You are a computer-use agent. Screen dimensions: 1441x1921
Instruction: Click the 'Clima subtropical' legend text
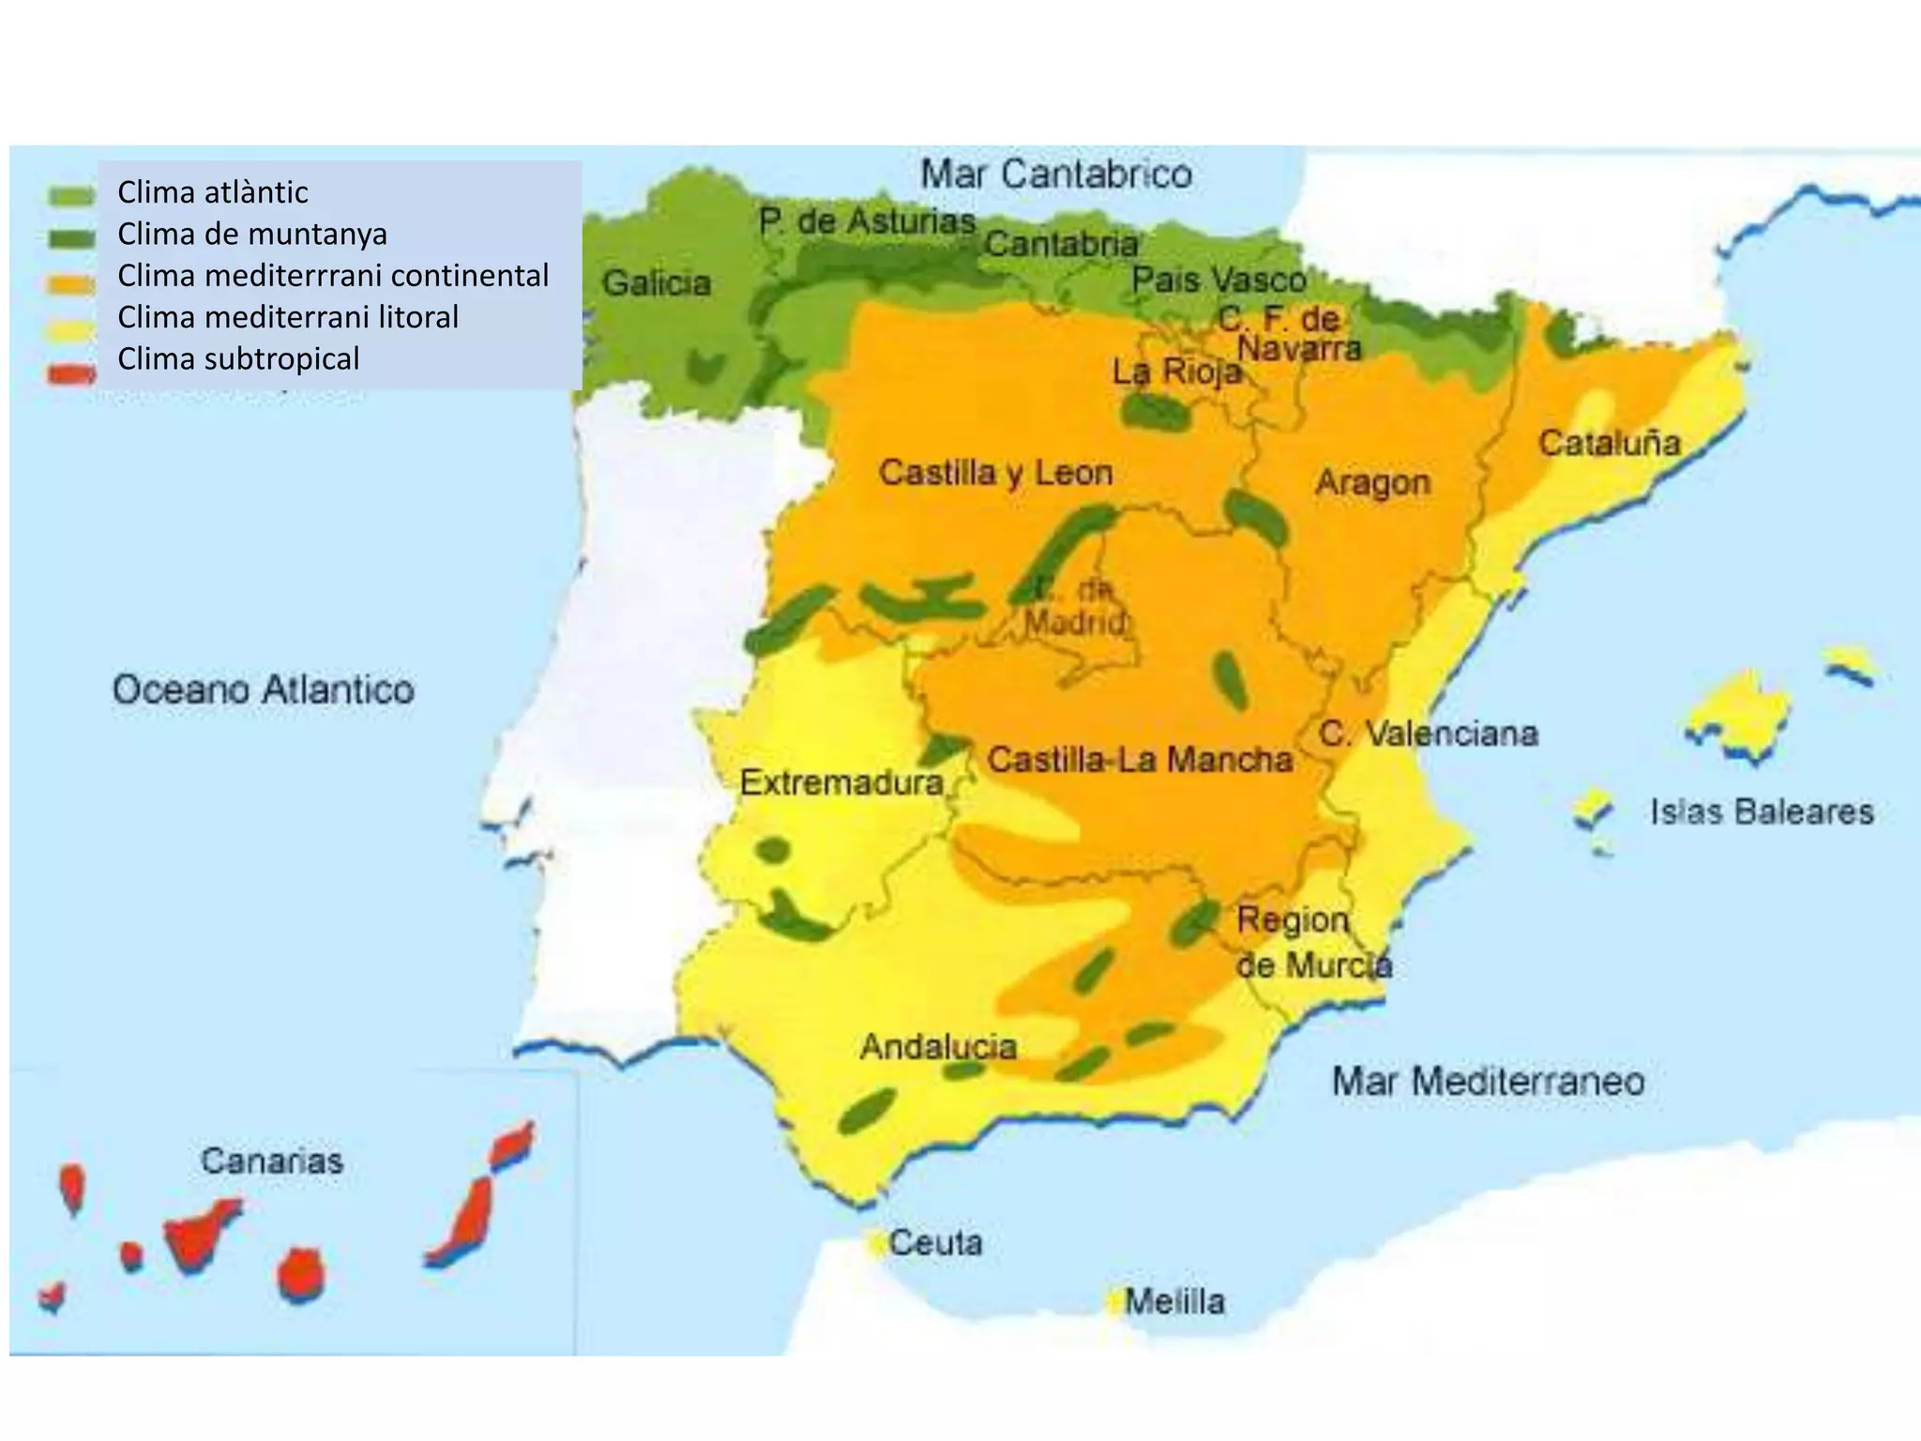238,359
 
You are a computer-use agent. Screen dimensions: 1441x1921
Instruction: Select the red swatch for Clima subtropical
71,373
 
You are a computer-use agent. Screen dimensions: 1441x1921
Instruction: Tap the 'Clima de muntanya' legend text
251,235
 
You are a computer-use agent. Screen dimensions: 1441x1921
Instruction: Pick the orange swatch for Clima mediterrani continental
71,283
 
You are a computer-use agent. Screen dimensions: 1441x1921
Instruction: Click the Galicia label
657,283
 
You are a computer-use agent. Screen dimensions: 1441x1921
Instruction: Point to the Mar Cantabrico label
1056,174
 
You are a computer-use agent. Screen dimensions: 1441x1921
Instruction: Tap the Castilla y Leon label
995,473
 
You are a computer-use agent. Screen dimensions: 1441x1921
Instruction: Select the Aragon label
1372,483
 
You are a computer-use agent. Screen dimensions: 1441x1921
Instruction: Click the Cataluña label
1609,444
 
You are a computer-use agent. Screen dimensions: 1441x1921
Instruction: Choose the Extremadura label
841,782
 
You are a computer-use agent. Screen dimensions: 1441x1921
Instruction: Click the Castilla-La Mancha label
1140,760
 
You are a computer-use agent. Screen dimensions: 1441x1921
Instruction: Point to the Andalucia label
938,1047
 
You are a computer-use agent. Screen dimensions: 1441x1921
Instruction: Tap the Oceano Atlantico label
264,690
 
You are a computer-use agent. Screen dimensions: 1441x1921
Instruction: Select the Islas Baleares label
1762,812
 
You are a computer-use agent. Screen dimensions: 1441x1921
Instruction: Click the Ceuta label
935,1243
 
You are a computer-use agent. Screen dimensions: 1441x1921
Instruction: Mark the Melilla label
1174,1302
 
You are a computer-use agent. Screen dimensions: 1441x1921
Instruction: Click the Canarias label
272,1161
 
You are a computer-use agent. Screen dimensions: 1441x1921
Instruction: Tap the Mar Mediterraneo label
1488,1082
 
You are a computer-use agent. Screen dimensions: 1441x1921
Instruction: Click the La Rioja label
1177,372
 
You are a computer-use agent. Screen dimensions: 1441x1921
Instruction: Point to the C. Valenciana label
1429,734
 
